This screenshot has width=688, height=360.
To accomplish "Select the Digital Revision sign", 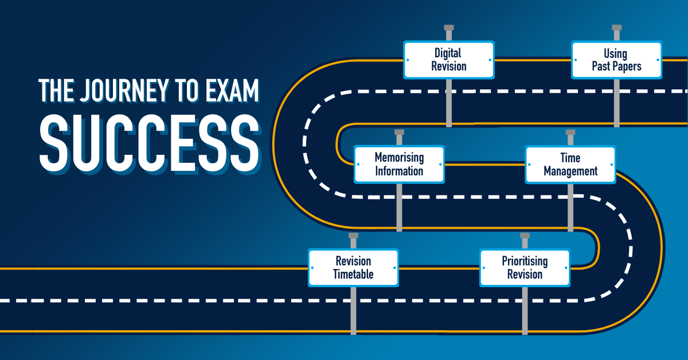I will (449, 60).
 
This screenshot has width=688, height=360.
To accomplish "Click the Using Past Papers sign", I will (616, 60).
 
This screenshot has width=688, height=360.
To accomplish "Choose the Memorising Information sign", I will (399, 164).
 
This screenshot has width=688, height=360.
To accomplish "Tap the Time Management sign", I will (570, 164).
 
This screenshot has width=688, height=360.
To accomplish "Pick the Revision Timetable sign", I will (353, 268).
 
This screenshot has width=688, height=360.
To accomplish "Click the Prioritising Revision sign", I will (525, 268).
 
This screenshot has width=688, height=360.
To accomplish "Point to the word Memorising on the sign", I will (399, 157).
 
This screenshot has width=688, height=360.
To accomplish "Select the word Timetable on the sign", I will (353, 275).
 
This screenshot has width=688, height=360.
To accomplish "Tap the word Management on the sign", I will (570, 171).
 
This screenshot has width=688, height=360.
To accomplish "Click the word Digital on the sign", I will (448, 53).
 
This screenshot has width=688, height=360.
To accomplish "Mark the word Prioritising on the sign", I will (525, 261).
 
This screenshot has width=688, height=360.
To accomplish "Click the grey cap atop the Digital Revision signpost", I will (449, 28).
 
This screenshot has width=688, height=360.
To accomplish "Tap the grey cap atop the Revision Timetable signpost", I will (353, 236).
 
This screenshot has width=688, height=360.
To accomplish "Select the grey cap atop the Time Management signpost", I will (570, 132).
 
